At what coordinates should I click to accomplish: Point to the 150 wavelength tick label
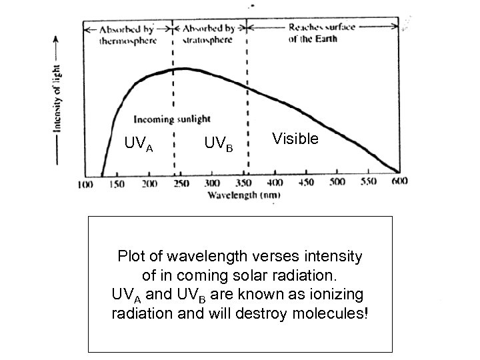pos(117,184)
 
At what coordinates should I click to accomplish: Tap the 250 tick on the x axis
pos(180,184)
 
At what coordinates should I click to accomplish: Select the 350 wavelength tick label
pos(243,184)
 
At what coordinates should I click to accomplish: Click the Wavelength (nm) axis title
pos(243,195)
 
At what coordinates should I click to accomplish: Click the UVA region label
pos(139,144)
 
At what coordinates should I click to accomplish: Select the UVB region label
pos(218,143)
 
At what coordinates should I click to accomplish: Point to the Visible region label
pos(295,139)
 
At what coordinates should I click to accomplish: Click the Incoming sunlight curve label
pos(172,119)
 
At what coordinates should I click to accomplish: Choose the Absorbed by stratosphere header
pos(209,35)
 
